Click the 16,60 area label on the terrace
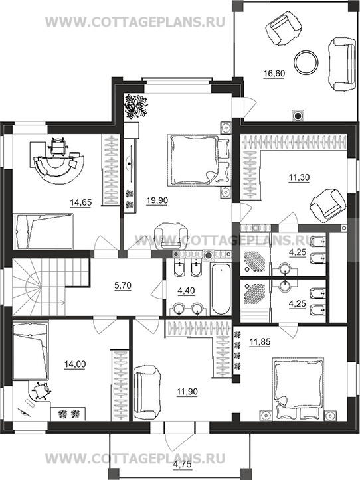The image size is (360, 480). pyautogui.click(x=274, y=74)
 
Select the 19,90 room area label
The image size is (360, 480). pyautogui.click(x=157, y=200)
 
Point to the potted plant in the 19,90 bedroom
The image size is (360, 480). pyautogui.click(x=135, y=106)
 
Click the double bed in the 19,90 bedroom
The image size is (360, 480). pyautogui.click(x=198, y=160)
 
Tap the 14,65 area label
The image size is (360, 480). pyautogui.click(x=81, y=202)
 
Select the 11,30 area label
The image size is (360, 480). pyautogui.click(x=300, y=177)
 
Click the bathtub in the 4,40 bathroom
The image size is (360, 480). pyautogui.click(x=221, y=289)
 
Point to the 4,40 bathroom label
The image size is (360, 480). pyautogui.click(x=186, y=291)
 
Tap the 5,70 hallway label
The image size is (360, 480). pyautogui.click(x=122, y=286)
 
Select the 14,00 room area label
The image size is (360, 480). pyautogui.click(x=75, y=364)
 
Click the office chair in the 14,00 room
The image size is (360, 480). pyautogui.click(x=40, y=391)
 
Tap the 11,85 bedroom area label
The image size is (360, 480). pyautogui.click(x=260, y=342)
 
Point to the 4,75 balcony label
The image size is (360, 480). pyautogui.click(x=183, y=464)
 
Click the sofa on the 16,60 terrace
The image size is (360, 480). pyautogui.click(x=341, y=64)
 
